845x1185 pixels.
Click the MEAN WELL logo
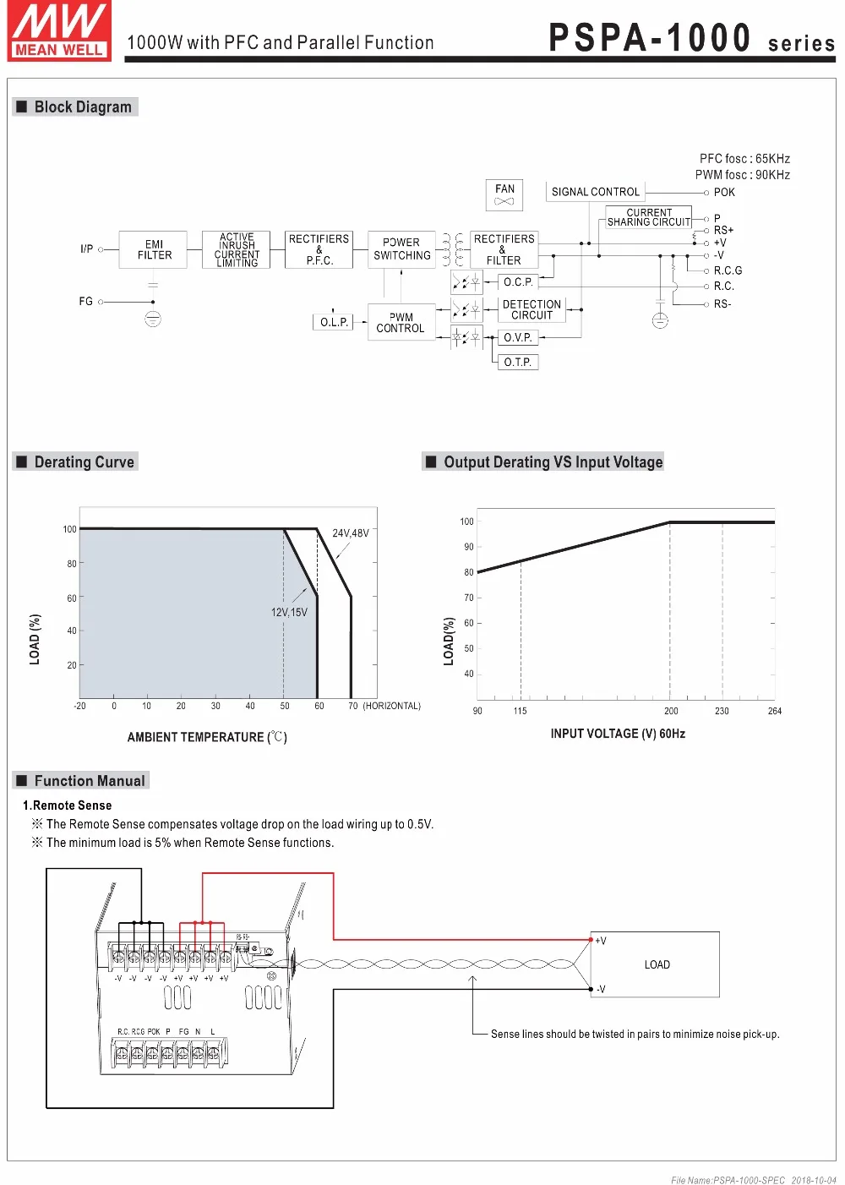pyautogui.click(x=59, y=31)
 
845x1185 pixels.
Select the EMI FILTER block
pyautogui.click(x=154, y=249)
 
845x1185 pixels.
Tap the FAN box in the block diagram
pyautogui.click(x=504, y=194)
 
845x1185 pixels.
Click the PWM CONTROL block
pyautogui.click(x=401, y=323)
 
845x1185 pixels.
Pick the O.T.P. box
pyautogui.click(x=517, y=362)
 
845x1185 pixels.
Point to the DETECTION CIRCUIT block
pyautogui.click(x=532, y=309)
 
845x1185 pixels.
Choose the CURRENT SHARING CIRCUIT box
pyautogui.click(x=649, y=217)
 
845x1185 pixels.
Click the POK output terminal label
pyautogui.click(x=724, y=192)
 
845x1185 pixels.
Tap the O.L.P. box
pyautogui.click(x=334, y=322)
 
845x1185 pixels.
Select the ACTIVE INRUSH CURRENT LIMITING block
pyautogui.click(x=237, y=250)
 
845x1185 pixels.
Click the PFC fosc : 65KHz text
pyautogui.click(x=744, y=159)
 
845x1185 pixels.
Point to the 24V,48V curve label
pyautogui.click(x=350, y=533)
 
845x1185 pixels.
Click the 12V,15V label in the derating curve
pyautogui.click(x=289, y=612)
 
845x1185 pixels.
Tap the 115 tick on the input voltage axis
pyautogui.click(x=520, y=711)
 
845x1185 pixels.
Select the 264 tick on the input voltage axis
pyautogui.click(x=774, y=711)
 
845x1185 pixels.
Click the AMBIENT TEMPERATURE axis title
pyautogui.click(x=207, y=737)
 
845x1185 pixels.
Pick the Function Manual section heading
pyautogui.click(x=89, y=781)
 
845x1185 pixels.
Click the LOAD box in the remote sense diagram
pyautogui.click(x=656, y=964)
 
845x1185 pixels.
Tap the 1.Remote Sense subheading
pyautogui.click(x=68, y=805)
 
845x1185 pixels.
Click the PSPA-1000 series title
pyautogui.click(x=691, y=39)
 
